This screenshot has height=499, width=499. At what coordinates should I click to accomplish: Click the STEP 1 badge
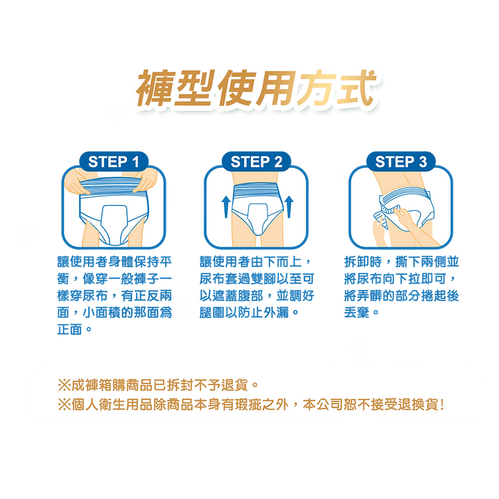point(113,162)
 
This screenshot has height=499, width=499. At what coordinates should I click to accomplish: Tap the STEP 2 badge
point(256,162)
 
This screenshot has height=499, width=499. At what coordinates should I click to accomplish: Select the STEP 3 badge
point(401,162)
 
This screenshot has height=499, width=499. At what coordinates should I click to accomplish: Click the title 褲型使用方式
point(256,88)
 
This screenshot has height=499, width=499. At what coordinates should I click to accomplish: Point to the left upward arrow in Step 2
point(226,206)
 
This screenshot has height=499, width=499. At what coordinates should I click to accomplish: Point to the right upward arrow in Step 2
point(289,206)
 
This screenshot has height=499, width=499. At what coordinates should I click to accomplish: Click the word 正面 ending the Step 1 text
point(69,329)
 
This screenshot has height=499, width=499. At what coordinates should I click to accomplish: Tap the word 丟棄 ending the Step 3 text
point(356,312)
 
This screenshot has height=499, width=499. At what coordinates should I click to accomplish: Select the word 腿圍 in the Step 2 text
point(212,312)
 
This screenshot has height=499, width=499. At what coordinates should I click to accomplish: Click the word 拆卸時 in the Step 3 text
point(363,262)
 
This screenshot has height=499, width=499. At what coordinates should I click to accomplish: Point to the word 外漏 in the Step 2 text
point(276,312)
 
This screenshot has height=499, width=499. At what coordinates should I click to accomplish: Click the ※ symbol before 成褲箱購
point(64,386)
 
